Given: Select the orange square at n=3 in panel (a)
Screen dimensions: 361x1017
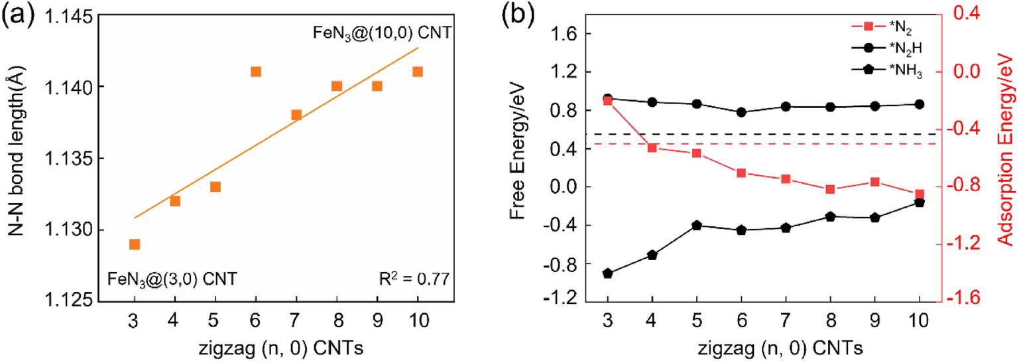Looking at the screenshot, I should pyautogui.click(x=135, y=244).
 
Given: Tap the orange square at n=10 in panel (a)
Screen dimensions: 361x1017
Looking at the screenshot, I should pyautogui.click(x=418, y=72).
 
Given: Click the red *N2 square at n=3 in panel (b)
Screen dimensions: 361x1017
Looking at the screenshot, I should pyautogui.click(x=607, y=101).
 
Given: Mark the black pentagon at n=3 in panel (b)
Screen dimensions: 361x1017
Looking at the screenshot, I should pyautogui.click(x=607, y=273).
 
